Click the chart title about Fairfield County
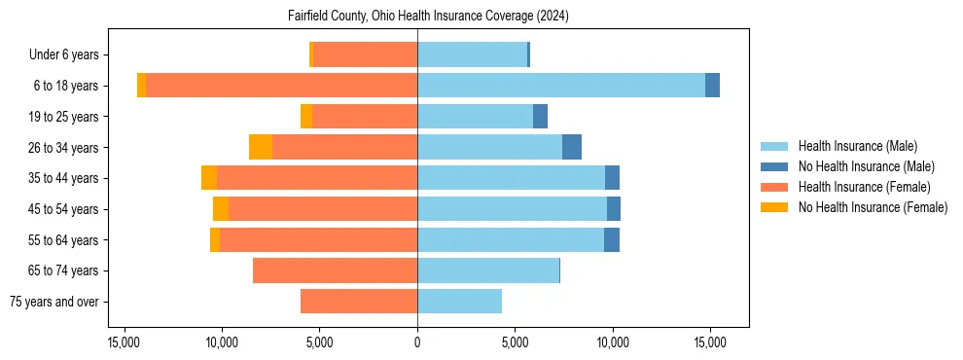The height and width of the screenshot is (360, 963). (428, 17)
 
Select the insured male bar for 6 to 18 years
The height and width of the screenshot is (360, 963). (561, 85)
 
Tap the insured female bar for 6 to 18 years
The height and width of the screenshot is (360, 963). (281, 85)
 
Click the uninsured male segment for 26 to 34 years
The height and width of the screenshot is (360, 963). (572, 147)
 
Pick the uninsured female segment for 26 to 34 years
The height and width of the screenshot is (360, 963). (261, 147)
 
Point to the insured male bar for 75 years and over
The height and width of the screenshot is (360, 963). (459, 302)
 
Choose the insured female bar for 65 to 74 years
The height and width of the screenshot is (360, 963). (335, 270)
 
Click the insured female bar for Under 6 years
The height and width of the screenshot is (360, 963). (365, 54)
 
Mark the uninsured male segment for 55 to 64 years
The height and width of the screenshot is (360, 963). (612, 239)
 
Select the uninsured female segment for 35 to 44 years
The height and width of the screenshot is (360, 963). (209, 178)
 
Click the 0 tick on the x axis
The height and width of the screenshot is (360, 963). (417, 342)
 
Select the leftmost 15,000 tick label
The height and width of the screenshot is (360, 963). (124, 342)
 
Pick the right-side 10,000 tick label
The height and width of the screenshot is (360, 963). (613, 342)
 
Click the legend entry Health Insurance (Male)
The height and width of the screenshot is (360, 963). (857, 146)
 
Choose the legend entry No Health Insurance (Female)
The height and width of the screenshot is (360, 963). (873, 207)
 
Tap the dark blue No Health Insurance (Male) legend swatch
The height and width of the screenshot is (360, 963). (774, 166)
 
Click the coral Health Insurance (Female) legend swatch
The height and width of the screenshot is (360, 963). (774, 187)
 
